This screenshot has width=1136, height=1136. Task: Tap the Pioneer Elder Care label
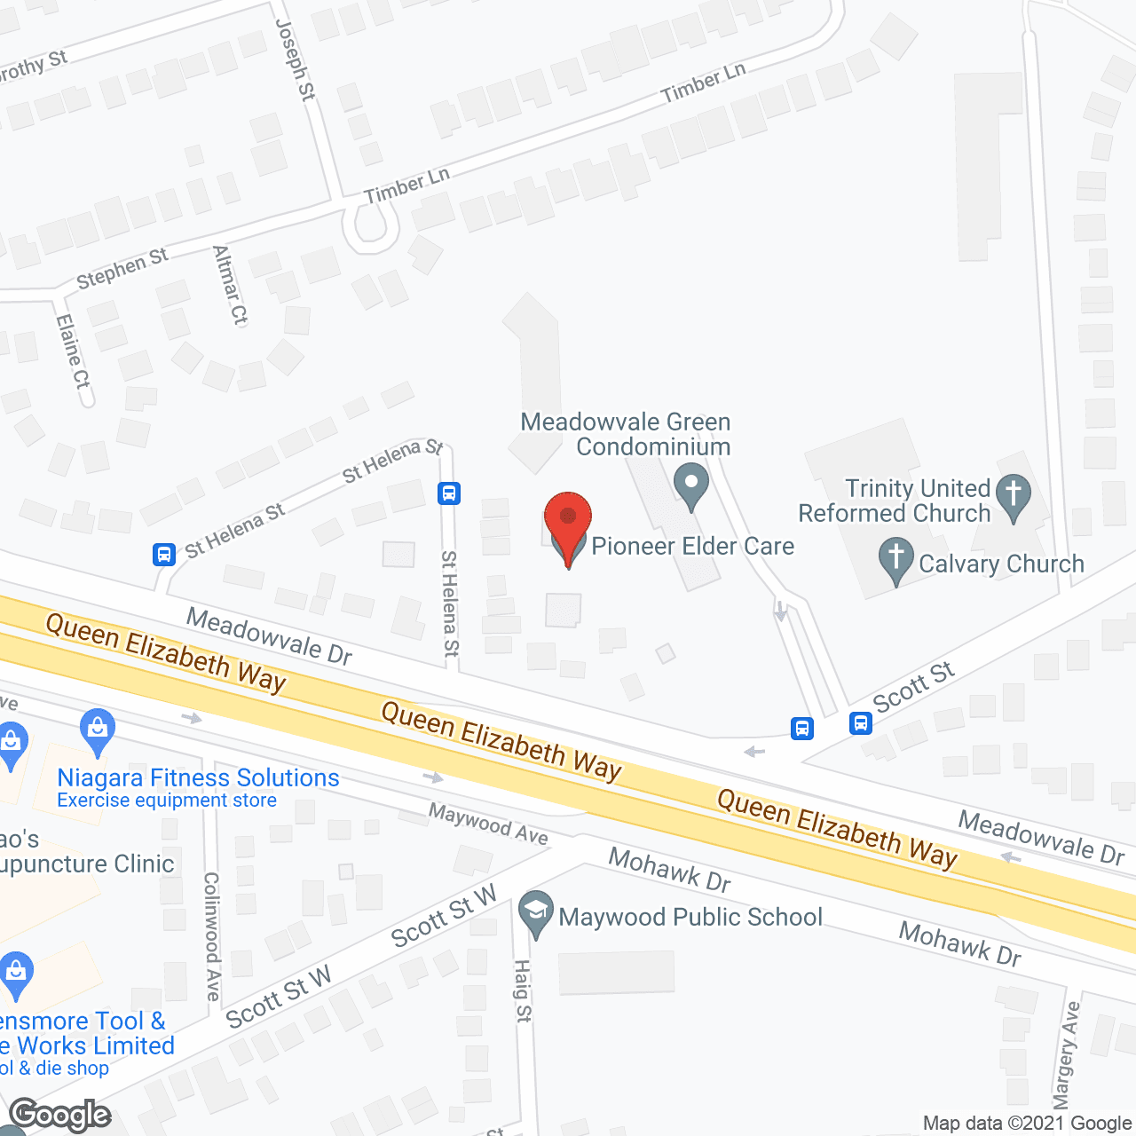692,546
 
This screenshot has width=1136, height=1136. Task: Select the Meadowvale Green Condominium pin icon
691,485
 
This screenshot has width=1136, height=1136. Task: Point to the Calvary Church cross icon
896,559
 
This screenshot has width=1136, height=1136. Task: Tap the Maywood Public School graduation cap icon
535,912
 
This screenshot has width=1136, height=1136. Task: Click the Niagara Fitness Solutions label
198,778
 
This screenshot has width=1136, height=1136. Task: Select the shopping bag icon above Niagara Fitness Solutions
98,730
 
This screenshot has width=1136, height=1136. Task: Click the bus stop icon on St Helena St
449,493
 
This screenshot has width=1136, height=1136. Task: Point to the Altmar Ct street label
231,285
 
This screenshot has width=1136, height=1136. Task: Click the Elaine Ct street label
73,351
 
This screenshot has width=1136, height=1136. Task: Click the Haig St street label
523,990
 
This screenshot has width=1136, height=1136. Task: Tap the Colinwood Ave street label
212,936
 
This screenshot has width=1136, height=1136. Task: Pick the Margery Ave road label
1067,1054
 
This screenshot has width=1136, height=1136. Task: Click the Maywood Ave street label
488,824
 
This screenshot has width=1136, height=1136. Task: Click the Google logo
60,1115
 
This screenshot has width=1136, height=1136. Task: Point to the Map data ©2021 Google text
1028,1123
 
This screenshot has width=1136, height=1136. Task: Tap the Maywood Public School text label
690,917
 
